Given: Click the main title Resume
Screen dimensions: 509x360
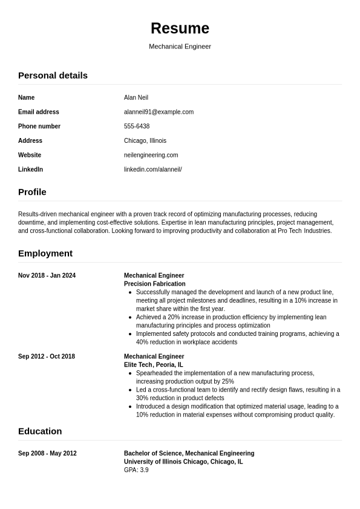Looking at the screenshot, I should pos(180,28).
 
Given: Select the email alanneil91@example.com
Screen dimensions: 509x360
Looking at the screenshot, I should pos(159,112).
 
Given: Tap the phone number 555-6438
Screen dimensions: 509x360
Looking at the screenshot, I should pos(137,126).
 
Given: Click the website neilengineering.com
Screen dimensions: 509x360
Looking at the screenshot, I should pos(151,155).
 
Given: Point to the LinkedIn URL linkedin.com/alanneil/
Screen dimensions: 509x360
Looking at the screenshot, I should pos(152,169).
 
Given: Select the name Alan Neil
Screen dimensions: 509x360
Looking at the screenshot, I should pos(136,97).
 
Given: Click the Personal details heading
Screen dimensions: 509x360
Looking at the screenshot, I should pos(53,76).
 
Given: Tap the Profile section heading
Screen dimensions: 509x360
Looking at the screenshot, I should pos(32,192).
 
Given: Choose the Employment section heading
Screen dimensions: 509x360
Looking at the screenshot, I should pos(45,254).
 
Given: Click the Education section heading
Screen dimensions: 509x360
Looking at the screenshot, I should pos(40,432).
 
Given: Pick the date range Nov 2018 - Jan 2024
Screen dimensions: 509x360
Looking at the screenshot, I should pos(47,275).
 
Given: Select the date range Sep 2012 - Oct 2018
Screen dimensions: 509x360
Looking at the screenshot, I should pos(47,356).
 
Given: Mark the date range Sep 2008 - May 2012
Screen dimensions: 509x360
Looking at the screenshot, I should pos(47,453).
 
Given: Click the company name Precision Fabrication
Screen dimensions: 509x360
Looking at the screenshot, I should pos(155,284).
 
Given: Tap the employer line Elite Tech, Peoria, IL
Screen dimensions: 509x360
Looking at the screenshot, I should pos(154,365).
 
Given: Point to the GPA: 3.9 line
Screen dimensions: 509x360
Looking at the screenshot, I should pos(136,470).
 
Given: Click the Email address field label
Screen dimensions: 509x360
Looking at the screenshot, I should pos(39,112).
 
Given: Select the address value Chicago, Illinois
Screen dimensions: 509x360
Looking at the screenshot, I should pos(145,141).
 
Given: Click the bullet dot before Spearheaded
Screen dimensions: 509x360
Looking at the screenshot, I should pos(131,373).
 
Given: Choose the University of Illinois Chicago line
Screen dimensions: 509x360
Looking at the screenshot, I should pos(183,462).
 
